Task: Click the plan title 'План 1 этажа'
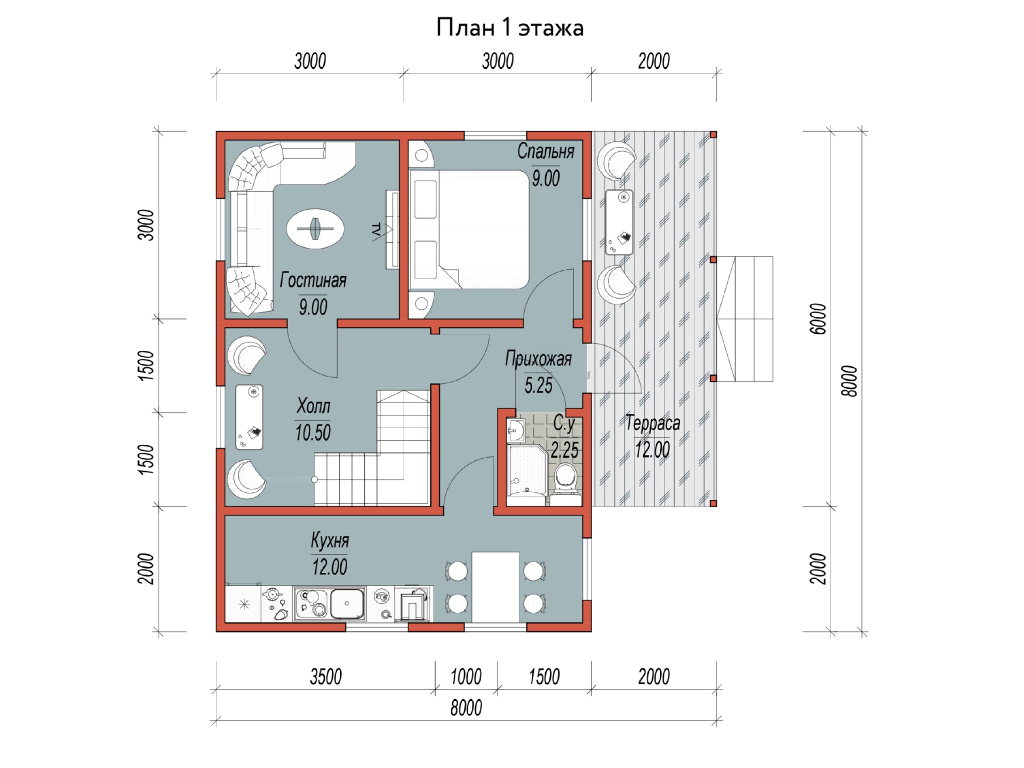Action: [x=510, y=28]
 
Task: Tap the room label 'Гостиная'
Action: [x=313, y=280]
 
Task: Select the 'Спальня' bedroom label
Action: [x=546, y=151]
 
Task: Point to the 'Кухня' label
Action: [x=330, y=541]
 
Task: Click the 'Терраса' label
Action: [x=652, y=423]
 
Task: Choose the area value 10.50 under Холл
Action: [x=313, y=433]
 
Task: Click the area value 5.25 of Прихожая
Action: [x=538, y=385]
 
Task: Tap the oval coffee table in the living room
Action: [x=315, y=229]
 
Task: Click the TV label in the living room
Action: [x=376, y=230]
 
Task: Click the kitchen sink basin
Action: [x=347, y=604]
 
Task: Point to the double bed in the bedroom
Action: [x=469, y=229]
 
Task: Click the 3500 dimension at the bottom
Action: [x=326, y=677]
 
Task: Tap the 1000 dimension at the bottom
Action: [x=466, y=677]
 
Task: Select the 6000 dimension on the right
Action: [x=818, y=319]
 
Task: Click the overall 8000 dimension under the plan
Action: [x=466, y=708]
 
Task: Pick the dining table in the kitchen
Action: [x=495, y=587]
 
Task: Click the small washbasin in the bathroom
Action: [x=516, y=430]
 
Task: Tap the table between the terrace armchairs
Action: [x=619, y=222]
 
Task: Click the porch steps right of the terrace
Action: [x=745, y=319]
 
